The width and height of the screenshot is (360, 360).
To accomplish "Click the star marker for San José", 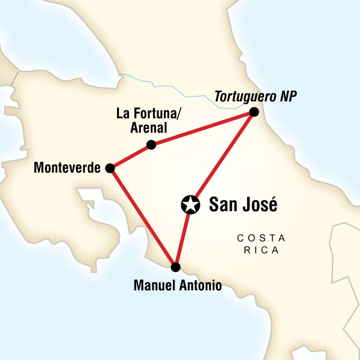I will coord(190,205).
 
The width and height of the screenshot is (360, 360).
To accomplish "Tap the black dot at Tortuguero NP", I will coord(254,112).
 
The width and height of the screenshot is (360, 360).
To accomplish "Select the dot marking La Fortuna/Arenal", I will coord(151,145).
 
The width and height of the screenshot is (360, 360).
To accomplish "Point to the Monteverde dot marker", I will coord(110,169).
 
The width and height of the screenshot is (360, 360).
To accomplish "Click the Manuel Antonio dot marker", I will coord(175,267).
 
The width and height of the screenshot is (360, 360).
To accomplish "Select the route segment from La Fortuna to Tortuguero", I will coord(203,128).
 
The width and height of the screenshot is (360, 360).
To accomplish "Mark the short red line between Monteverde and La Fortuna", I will coord(131,157).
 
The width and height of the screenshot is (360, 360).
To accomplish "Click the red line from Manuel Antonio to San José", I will coord(182,237).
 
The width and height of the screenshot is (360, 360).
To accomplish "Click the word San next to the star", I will coord(222,205).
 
